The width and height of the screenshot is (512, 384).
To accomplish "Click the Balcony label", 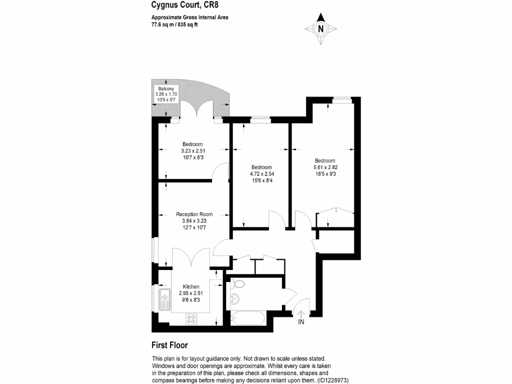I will click(166, 88).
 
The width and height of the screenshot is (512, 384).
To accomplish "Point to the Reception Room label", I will click(183, 214).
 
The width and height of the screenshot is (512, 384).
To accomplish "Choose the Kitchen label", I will click(191, 286).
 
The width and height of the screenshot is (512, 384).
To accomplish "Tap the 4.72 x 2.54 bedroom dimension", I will click(262, 174).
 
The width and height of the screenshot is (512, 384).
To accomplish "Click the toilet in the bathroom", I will click(238, 284).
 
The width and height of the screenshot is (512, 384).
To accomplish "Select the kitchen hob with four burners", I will click(191, 317).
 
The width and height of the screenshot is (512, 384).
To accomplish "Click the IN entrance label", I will click(301, 322).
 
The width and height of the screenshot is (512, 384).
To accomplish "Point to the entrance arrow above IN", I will click(301, 313).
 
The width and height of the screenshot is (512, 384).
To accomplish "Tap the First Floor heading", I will click(169, 345).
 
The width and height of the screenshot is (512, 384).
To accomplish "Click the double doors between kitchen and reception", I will click(191, 258).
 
